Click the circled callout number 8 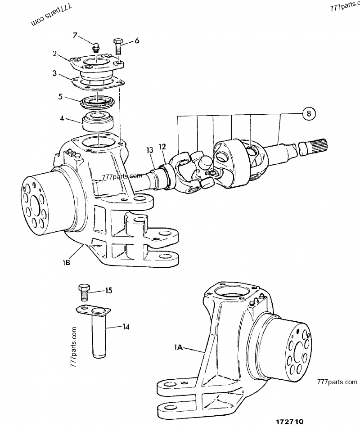pos(308,114)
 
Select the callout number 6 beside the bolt pos(137,40)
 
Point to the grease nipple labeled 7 pos(95,46)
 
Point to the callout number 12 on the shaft pos(162,146)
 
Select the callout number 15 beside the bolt pos(108,291)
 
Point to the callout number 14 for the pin pos(126,327)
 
